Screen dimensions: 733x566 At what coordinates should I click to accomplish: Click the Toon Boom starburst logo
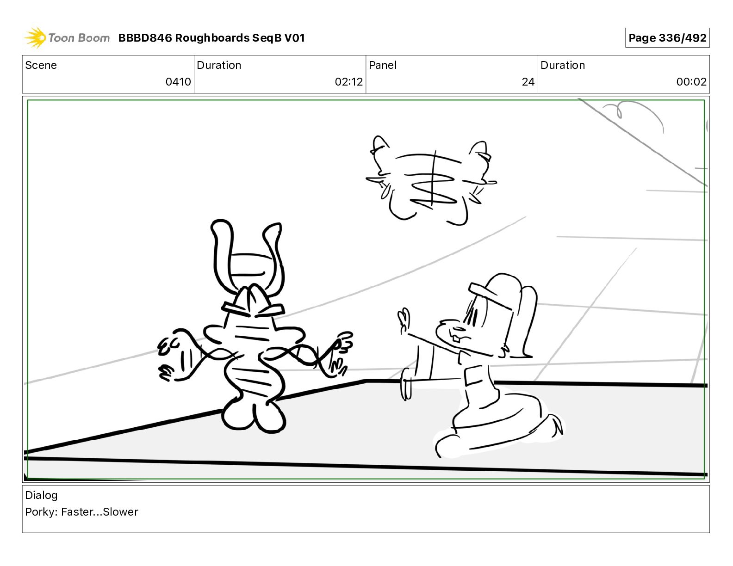click(35, 38)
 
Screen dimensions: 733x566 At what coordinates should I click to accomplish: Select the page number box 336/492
click(667, 38)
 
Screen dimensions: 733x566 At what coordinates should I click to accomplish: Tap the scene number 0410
click(178, 81)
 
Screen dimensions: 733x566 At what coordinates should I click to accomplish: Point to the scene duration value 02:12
click(349, 81)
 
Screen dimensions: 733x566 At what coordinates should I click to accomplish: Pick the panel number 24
click(528, 81)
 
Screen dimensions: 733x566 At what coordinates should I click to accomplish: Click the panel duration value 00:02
click(691, 81)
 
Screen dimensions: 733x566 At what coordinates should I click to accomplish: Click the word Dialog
click(41, 495)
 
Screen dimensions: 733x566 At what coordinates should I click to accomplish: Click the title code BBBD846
click(145, 38)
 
